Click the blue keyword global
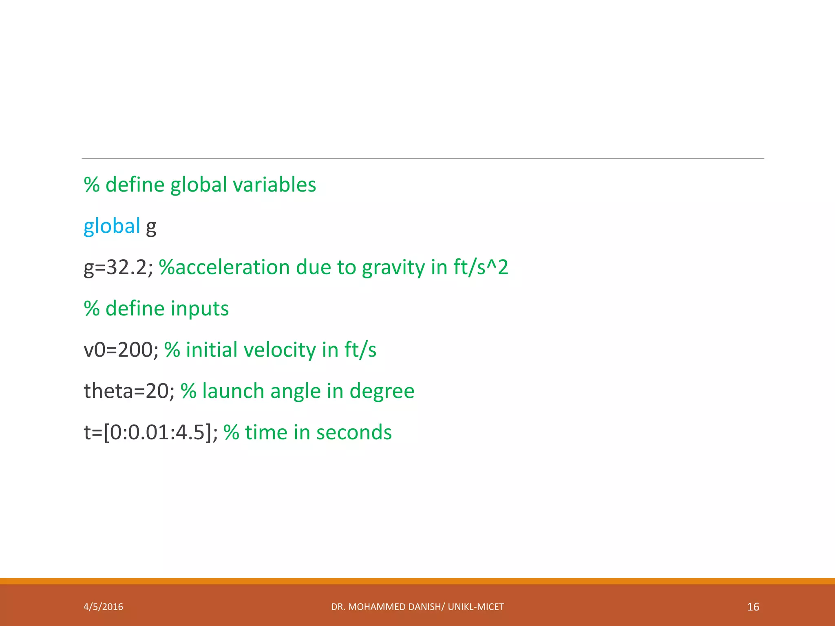pos(112,226)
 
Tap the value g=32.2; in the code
pos(118,268)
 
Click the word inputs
pos(199,309)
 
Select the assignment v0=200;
pos(121,350)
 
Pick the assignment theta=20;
pos(129,391)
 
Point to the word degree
pos(382,391)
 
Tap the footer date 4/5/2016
pos(103,607)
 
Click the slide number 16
pos(753,607)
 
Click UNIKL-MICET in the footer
pos(476,607)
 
